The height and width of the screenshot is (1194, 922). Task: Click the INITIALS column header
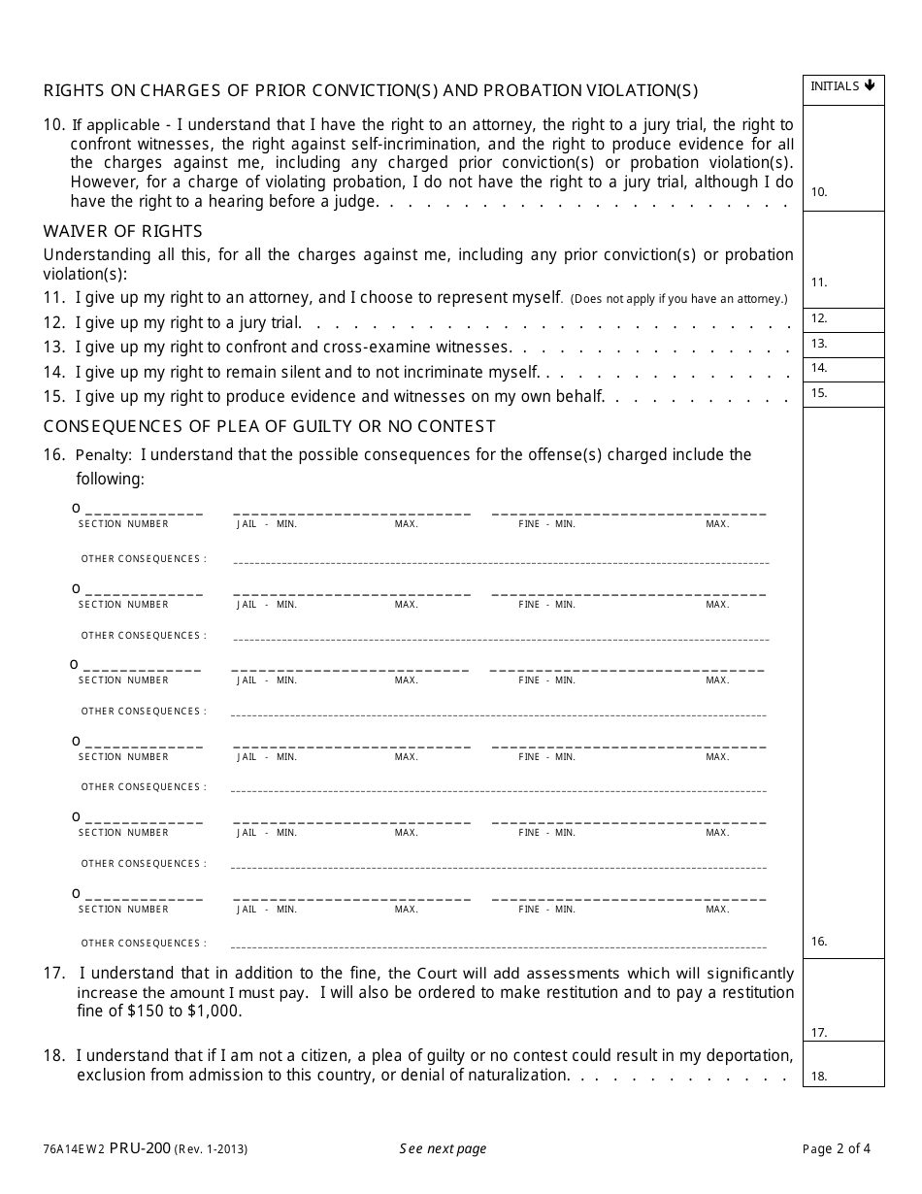click(836, 86)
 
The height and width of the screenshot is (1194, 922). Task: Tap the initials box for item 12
click(843, 319)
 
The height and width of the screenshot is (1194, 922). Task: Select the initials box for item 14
click(843, 369)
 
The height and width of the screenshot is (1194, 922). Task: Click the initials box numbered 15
click(843, 394)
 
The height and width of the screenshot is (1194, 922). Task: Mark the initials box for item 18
click(843, 1064)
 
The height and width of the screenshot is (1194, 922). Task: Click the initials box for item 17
click(843, 1000)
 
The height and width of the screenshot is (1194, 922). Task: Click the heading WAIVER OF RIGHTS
click(123, 231)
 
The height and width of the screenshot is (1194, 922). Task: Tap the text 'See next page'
click(443, 1148)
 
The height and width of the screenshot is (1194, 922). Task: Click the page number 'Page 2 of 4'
click(837, 1148)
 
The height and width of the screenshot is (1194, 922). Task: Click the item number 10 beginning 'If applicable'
click(53, 124)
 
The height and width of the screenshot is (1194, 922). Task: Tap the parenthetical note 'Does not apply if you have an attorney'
click(678, 298)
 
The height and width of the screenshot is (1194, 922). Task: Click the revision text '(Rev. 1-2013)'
click(211, 1149)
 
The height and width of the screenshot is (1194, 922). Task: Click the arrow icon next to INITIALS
click(870, 85)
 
